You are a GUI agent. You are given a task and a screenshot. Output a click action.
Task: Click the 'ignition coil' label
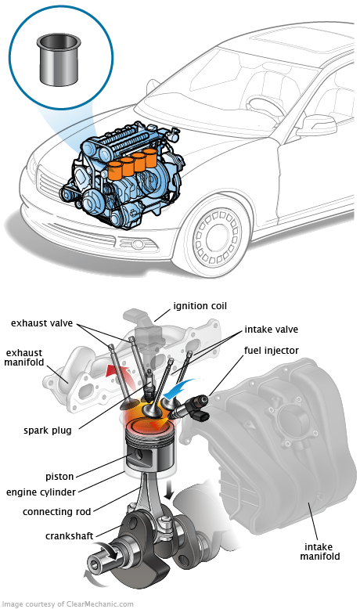[200, 306]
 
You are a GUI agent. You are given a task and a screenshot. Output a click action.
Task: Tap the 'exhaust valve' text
[41, 323]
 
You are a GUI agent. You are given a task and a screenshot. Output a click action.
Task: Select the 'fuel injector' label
[271, 351]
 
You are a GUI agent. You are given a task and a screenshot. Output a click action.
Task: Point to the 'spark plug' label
[48, 431]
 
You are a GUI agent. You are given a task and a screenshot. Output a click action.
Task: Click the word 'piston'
[59, 477]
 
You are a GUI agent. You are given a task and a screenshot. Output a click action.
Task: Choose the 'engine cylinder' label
[41, 492]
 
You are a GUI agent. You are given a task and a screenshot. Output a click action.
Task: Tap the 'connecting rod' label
[56, 512]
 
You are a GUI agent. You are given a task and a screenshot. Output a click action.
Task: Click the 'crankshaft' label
[69, 536]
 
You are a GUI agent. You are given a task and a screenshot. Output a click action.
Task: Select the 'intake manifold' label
[319, 552]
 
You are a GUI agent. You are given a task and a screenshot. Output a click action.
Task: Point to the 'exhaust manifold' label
[24, 358]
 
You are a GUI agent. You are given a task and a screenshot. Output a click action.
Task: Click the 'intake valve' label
[271, 330]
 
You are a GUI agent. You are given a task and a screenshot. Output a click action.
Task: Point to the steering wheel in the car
[267, 104]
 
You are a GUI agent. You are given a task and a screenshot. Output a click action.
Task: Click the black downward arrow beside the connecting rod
[169, 491]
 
